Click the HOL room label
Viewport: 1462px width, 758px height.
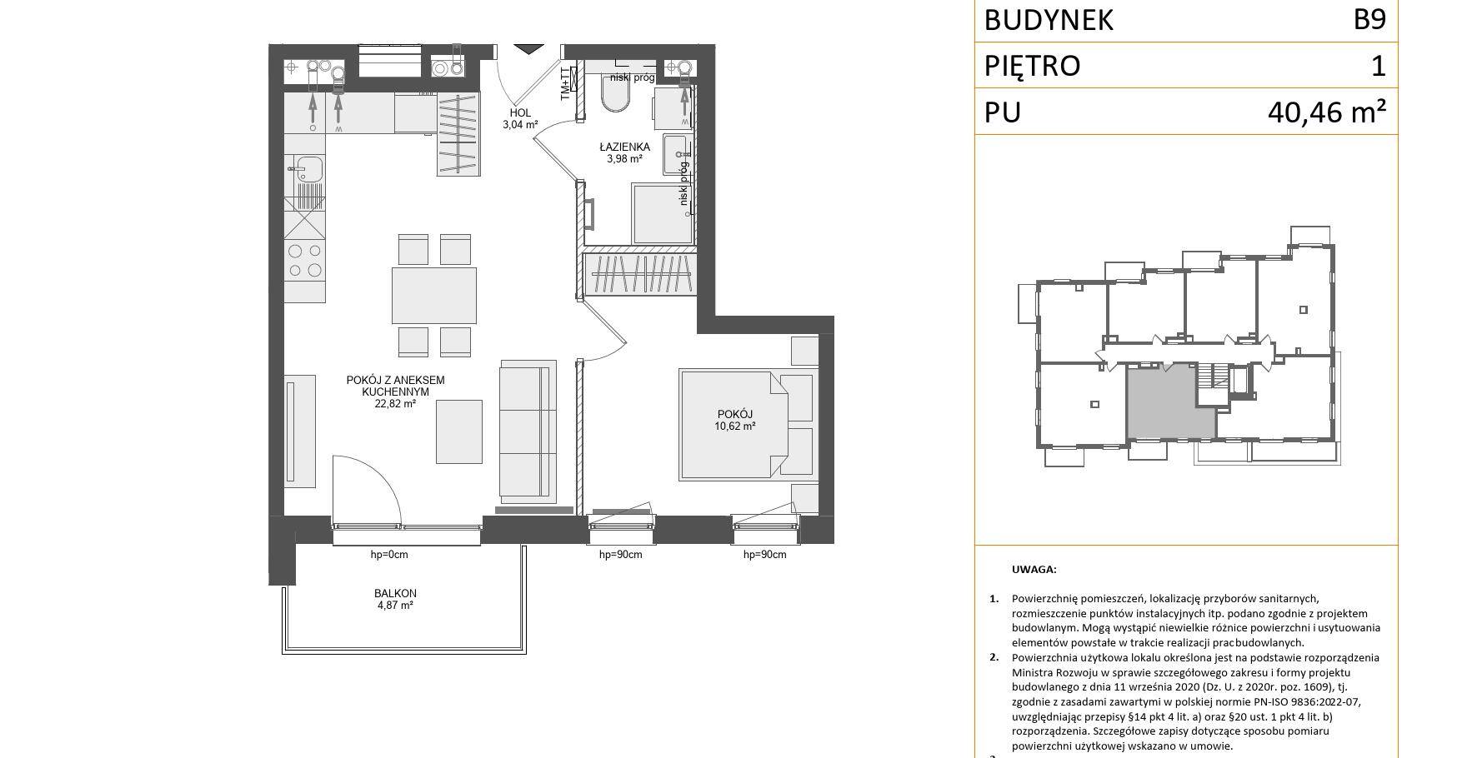point(520,113)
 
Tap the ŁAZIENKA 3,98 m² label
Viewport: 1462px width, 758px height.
point(624,152)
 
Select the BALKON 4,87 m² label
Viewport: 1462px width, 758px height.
point(395,600)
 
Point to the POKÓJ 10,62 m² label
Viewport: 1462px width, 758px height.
point(734,420)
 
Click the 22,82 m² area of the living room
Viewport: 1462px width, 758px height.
point(395,404)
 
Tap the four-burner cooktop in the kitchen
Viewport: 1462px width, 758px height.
point(304,259)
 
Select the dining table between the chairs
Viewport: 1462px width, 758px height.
point(434,295)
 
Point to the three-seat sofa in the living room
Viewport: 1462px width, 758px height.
point(528,430)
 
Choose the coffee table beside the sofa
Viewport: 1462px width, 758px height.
point(459,431)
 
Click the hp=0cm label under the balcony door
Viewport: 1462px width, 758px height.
point(389,555)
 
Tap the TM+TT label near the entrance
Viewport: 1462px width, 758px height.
point(565,83)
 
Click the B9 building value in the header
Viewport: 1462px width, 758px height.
point(1369,19)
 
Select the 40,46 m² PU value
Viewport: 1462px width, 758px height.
point(1327,112)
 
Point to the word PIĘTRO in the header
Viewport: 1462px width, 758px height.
point(1032,66)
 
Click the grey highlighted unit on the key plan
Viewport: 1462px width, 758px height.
point(1169,404)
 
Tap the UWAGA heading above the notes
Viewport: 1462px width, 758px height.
point(1034,570)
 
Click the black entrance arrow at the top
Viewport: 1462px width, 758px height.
point(527,49)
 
